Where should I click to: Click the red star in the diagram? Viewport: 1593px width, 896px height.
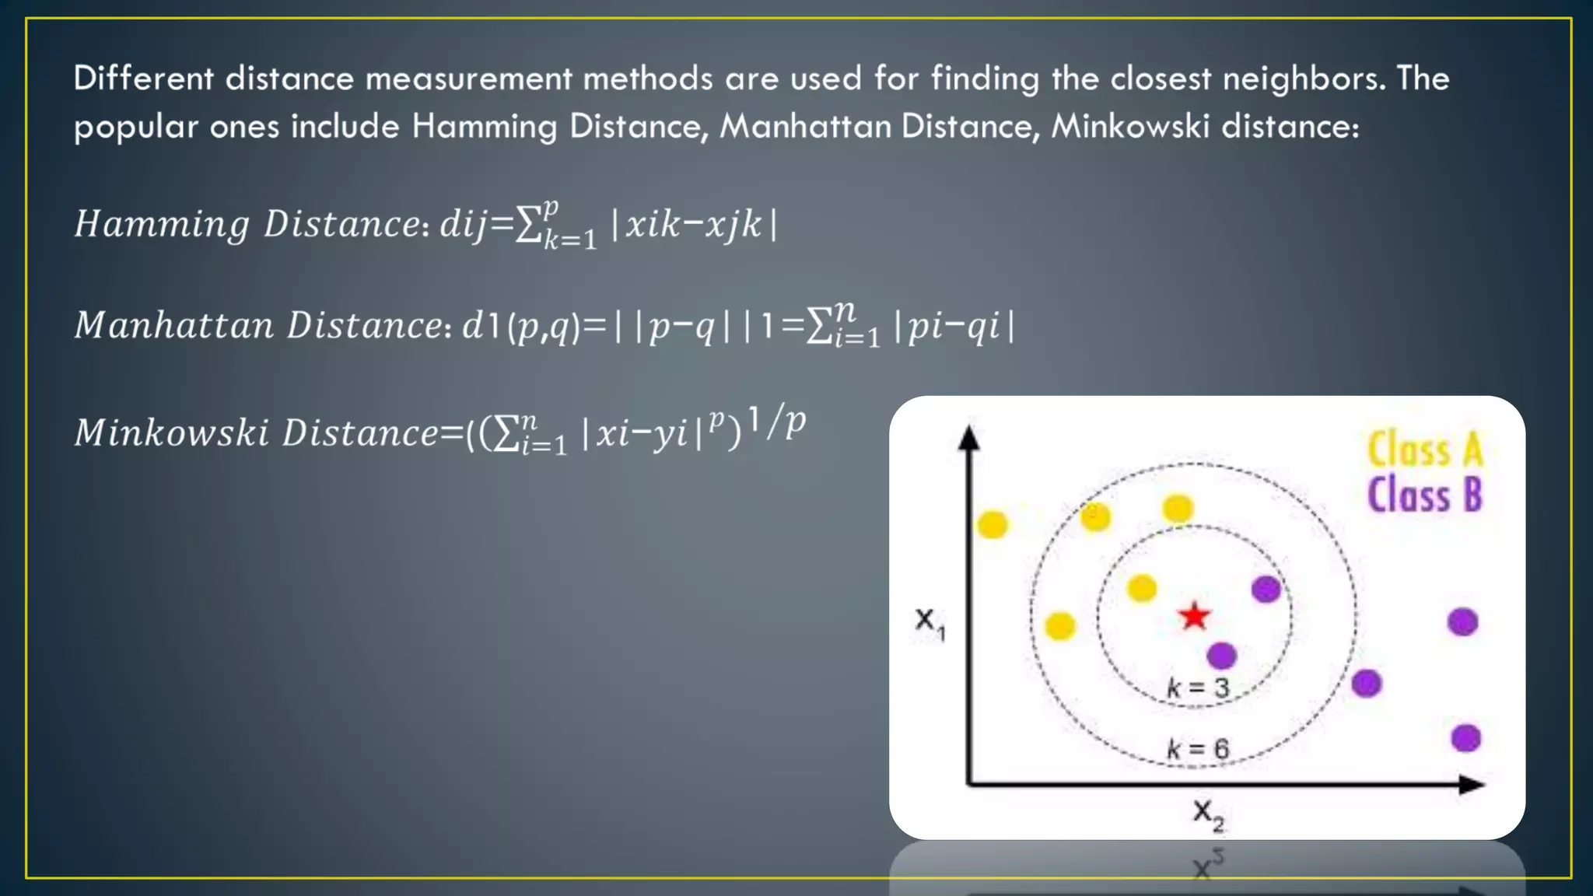coord(1194,617)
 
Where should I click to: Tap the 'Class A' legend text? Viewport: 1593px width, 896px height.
coord(1425,450)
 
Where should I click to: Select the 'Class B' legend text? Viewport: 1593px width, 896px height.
coord(1425,495)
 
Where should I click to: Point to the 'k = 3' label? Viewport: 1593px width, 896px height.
coord(1198,688)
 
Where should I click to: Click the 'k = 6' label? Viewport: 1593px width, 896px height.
coord(1198,749)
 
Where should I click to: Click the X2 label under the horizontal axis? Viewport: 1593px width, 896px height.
coord(1208,814)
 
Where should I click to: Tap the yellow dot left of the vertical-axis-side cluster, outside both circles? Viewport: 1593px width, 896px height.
coord(992,525)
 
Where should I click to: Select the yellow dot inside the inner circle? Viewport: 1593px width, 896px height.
coord(1141,588)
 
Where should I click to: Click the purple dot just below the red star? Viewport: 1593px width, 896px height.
coord(1221,656)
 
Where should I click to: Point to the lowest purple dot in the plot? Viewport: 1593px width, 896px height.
coord(1465,737)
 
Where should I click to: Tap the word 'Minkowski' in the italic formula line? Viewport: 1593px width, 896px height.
coord(171,432)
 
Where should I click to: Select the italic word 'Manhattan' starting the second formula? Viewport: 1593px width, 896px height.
coord(173,325)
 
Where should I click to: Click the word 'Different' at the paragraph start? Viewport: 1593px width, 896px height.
coord(143,79)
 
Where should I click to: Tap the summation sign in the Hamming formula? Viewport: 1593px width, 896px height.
coord(529,226)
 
